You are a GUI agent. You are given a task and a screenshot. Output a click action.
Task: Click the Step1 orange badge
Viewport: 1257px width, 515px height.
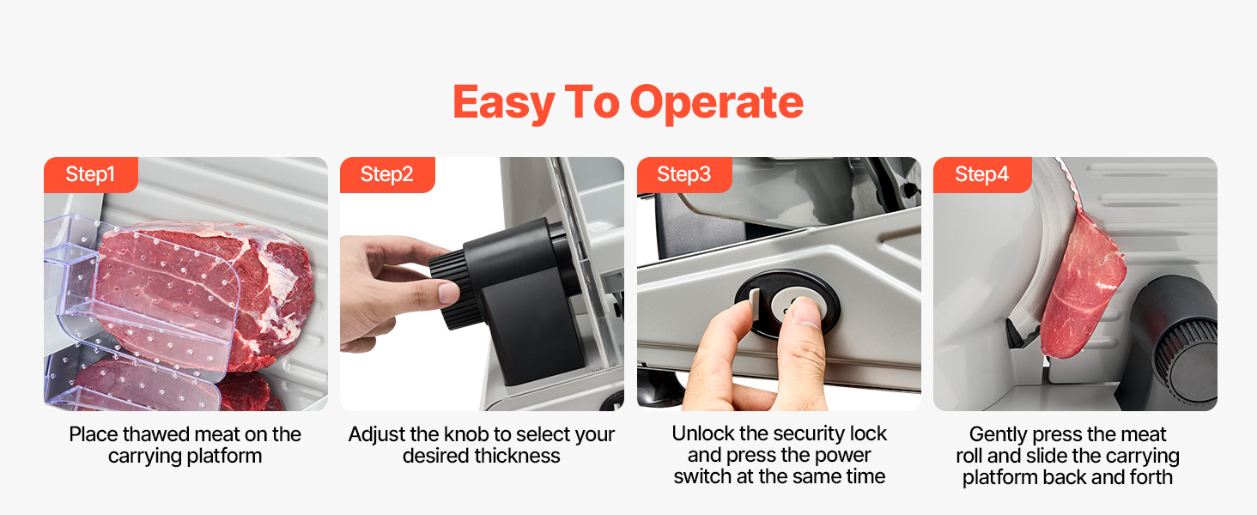tap(91, 174)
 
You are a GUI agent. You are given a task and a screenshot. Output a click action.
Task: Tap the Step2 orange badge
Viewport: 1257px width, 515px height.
tap(387, 174)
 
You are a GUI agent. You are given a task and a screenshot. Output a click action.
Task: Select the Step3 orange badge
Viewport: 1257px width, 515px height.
tap(684, 174)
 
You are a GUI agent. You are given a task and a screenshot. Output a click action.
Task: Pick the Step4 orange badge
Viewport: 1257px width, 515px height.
tap(982, 174)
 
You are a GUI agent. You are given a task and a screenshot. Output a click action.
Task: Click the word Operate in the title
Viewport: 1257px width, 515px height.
tap(717, 103)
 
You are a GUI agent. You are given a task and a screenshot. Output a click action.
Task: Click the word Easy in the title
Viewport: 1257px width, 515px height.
tap(504, 104)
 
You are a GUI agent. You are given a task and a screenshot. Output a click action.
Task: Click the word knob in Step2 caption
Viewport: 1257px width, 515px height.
tap(465, 434)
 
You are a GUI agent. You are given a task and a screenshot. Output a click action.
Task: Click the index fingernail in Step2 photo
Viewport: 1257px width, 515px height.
tap(449, 293)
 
